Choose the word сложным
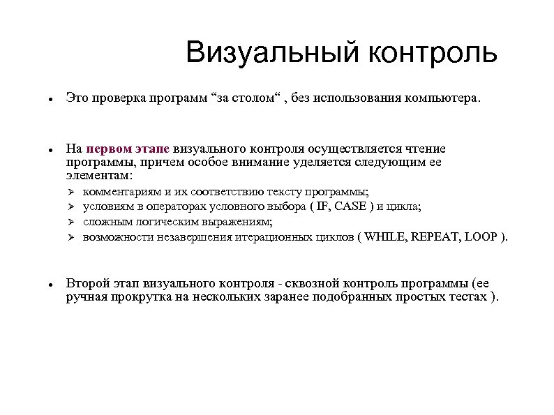105,222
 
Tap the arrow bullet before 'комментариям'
70,192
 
